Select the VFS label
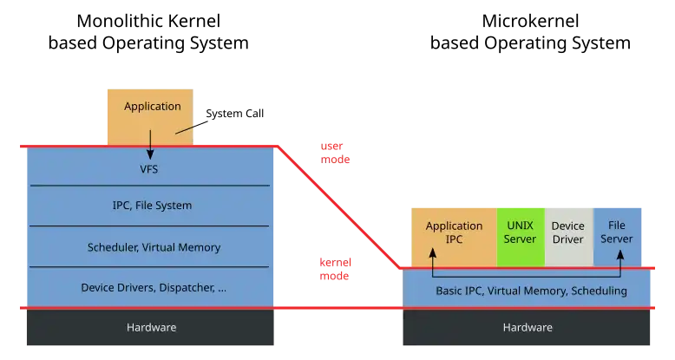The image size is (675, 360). pos(148,168)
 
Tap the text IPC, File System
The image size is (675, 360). pos(152,206)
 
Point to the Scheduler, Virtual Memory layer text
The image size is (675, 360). pos(154,247)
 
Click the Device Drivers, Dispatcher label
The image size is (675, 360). pos(154,287)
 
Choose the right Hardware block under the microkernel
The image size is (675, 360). pos(527,327)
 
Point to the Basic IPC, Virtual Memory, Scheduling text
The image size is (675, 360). pos(531,291)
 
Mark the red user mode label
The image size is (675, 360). pos(333,153)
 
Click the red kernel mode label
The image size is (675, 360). pos(333,269)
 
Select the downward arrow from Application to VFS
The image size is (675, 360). pos(150,144)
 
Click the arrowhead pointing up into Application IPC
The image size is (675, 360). pos(432,256)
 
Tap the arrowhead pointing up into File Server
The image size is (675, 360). pos(621,256)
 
